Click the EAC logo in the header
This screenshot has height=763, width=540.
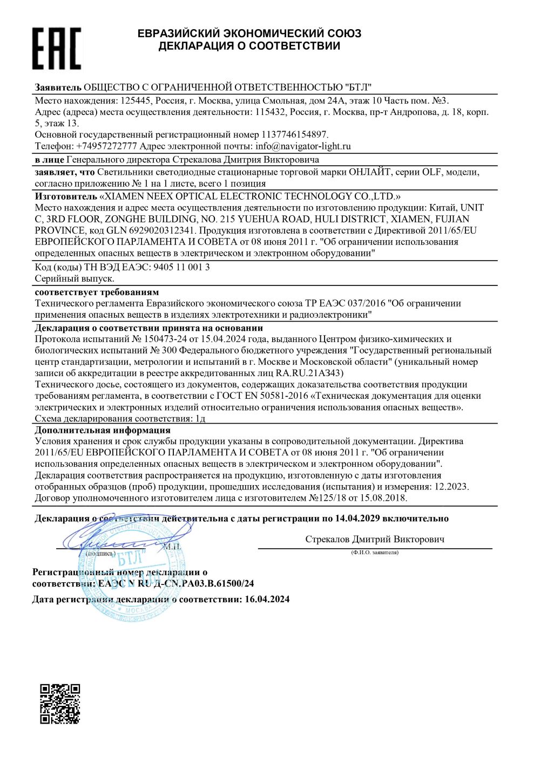57,49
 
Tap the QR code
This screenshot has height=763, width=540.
60,703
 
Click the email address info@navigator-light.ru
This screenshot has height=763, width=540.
303,146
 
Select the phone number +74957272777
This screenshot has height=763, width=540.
106,146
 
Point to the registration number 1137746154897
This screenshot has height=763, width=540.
294,135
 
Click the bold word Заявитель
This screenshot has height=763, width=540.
58,87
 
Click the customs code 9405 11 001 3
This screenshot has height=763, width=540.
181,267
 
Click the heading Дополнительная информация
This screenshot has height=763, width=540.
103,430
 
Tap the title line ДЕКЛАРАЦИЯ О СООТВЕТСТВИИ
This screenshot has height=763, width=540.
249,46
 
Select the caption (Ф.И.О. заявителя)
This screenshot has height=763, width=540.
374,553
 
